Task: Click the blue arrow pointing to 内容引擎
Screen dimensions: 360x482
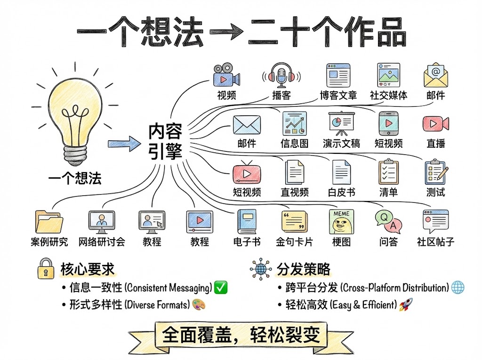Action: click(124, 144)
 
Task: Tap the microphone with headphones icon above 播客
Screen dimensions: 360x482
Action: click(282, 75)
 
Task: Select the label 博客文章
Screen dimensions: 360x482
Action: click(338, 96)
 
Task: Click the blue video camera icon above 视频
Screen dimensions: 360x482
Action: click(226, 75)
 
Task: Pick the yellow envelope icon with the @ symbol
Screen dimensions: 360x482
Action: click(435, 75)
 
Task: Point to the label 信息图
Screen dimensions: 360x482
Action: click(294, 144)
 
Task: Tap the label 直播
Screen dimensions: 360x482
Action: click(435, 144)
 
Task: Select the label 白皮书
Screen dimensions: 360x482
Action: click(341, 192)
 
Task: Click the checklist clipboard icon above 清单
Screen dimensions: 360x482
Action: click(388, 172)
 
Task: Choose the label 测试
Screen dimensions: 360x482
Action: click(435, 192)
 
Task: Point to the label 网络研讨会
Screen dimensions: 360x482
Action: click(102, 242)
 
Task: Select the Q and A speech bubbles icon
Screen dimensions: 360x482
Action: click(388, 221)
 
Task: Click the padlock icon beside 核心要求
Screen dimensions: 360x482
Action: click(46, 269)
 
